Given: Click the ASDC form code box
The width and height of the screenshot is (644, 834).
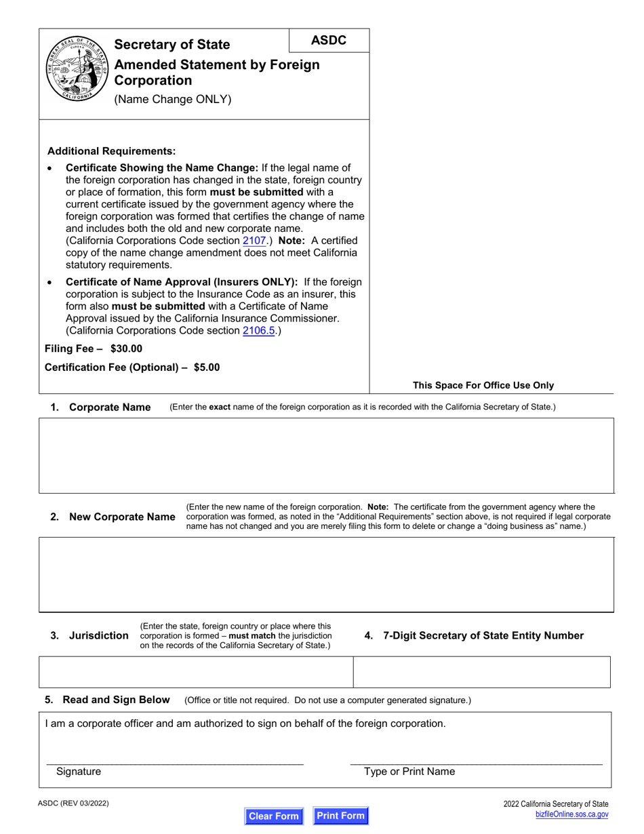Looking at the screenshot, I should tap(329, 41).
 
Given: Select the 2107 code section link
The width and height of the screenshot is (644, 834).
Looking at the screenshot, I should tap(254, 241).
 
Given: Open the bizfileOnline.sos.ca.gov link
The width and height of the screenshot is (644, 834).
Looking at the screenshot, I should tap(571, 814).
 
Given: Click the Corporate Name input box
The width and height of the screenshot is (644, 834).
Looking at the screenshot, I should tap(326, 455).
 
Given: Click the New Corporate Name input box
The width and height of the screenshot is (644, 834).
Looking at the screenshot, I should tap(326, 574).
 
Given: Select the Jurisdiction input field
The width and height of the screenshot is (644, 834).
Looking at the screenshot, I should tap(196, 672).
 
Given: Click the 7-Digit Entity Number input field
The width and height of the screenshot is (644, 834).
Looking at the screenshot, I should tap(482, 672).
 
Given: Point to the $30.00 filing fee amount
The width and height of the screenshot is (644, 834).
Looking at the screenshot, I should tap(126, 349).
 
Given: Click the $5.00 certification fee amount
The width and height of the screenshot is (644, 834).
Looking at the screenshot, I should tap(206, 368).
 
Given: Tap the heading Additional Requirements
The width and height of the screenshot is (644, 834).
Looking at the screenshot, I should tap(111, 151).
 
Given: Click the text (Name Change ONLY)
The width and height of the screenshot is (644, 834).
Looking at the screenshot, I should tap(173, 100).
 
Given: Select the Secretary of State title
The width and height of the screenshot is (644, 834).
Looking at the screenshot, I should tap(172, 45).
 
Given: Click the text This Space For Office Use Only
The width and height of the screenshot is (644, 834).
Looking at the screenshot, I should tap(483, 385).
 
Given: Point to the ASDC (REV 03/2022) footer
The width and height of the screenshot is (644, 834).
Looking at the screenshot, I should tap(73, 803).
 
